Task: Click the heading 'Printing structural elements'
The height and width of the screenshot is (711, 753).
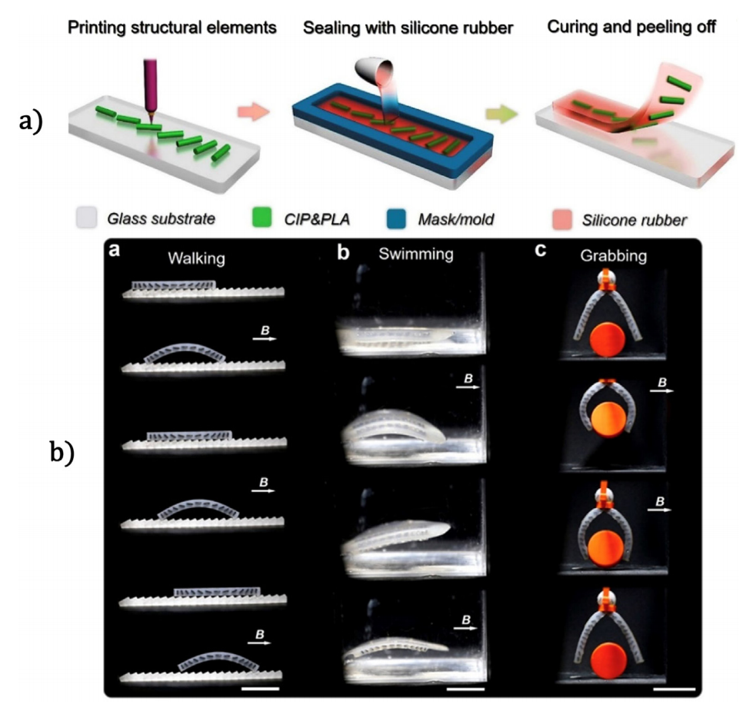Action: (x=172, y=28)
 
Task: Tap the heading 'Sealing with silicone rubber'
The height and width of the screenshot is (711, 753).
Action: (x=408, y=28)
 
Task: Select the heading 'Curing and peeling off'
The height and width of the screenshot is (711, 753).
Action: (x=631, y=27)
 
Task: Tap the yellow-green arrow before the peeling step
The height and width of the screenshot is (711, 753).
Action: (x=501, y=114)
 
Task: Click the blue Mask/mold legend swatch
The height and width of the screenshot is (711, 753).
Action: (x=396, y=219)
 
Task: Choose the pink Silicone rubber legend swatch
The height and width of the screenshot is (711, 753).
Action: (x=562, y=220)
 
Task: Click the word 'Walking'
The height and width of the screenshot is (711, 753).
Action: (x=196, y=258)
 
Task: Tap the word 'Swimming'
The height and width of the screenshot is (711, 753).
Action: (x=416, y=254)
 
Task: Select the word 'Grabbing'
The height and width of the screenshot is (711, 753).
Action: (x=613, y=256)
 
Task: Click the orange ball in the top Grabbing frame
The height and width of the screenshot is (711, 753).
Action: (x=608, y=339)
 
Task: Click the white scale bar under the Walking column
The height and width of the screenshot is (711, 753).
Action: (x=260, y=689)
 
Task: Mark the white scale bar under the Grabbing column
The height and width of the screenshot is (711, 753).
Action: (x=675, y=689)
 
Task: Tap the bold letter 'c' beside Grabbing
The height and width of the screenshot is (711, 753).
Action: (x=540, y=251)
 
